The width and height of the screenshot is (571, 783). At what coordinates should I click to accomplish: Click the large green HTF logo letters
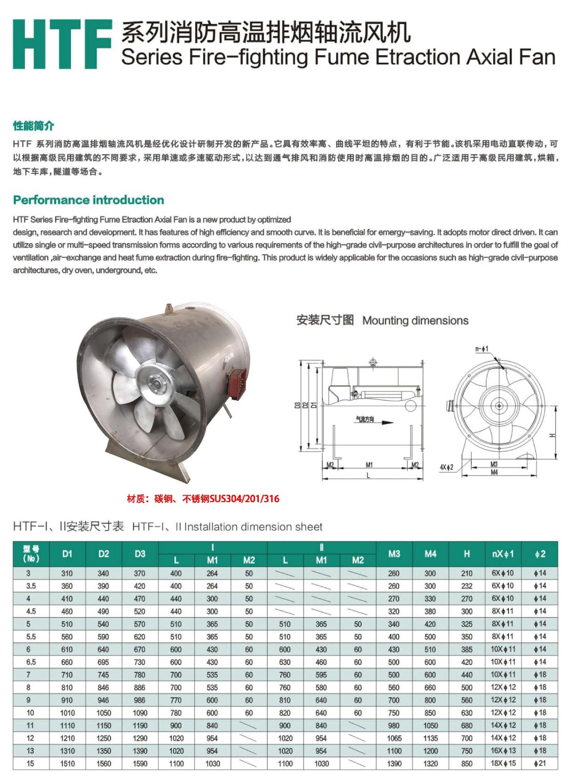tap(63, 45)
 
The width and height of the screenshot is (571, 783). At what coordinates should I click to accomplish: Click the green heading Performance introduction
tap(89, 200)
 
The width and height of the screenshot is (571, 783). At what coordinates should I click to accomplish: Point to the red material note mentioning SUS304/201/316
tap(203, 499)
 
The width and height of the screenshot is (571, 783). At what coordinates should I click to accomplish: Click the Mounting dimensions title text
tap(415, 321)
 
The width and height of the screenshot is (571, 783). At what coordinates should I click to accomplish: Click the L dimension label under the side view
tap(368, 476)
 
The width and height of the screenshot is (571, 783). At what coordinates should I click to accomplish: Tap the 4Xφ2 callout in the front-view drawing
tap(446, 467)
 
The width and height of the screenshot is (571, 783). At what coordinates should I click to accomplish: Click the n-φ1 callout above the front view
tap(482, 349)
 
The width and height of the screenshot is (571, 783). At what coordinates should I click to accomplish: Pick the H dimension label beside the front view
tap(552, 436)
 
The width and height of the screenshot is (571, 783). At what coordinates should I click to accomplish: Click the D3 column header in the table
tap(140, 554)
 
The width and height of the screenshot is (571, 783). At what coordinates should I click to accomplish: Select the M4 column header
tap(431, 554)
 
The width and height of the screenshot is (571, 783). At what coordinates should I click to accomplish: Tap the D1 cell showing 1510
tap(68, 764)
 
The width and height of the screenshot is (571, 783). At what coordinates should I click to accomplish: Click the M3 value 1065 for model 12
tap(394, 738)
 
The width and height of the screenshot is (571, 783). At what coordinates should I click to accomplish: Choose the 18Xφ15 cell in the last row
tap(503, 763)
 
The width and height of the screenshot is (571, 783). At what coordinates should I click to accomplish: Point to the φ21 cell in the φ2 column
tap(540, 763)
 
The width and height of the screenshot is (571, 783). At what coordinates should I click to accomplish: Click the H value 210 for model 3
tap(467, 574)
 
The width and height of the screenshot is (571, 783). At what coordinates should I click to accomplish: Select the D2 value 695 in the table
tap(104, 662)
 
